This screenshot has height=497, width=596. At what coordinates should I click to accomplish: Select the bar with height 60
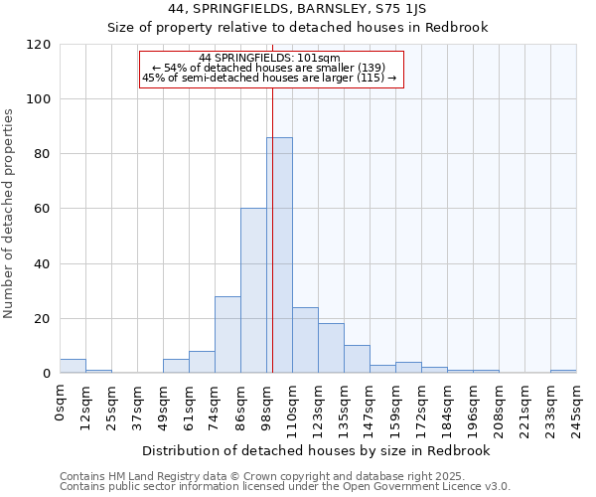click(x=253, y=291)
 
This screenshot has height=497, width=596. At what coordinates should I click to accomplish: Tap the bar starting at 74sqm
click(x=227, y=335)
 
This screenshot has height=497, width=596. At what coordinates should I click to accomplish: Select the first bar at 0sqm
click(x=73, y=366)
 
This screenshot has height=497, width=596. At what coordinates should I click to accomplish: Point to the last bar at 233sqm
click(x=563, y=371)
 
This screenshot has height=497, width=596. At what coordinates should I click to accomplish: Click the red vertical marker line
click(x=271, y=229)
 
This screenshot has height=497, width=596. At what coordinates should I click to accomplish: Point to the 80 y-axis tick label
click(x=43, y=154)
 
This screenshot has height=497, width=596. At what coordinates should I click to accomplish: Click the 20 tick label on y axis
click(x=43, y=319)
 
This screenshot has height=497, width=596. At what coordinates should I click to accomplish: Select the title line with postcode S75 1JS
click(x=298, y=9)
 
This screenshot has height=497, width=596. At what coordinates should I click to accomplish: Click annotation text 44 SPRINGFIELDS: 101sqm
click(x=269, y=58)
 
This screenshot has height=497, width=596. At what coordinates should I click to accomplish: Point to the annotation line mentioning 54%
click(x=269, y=68)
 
